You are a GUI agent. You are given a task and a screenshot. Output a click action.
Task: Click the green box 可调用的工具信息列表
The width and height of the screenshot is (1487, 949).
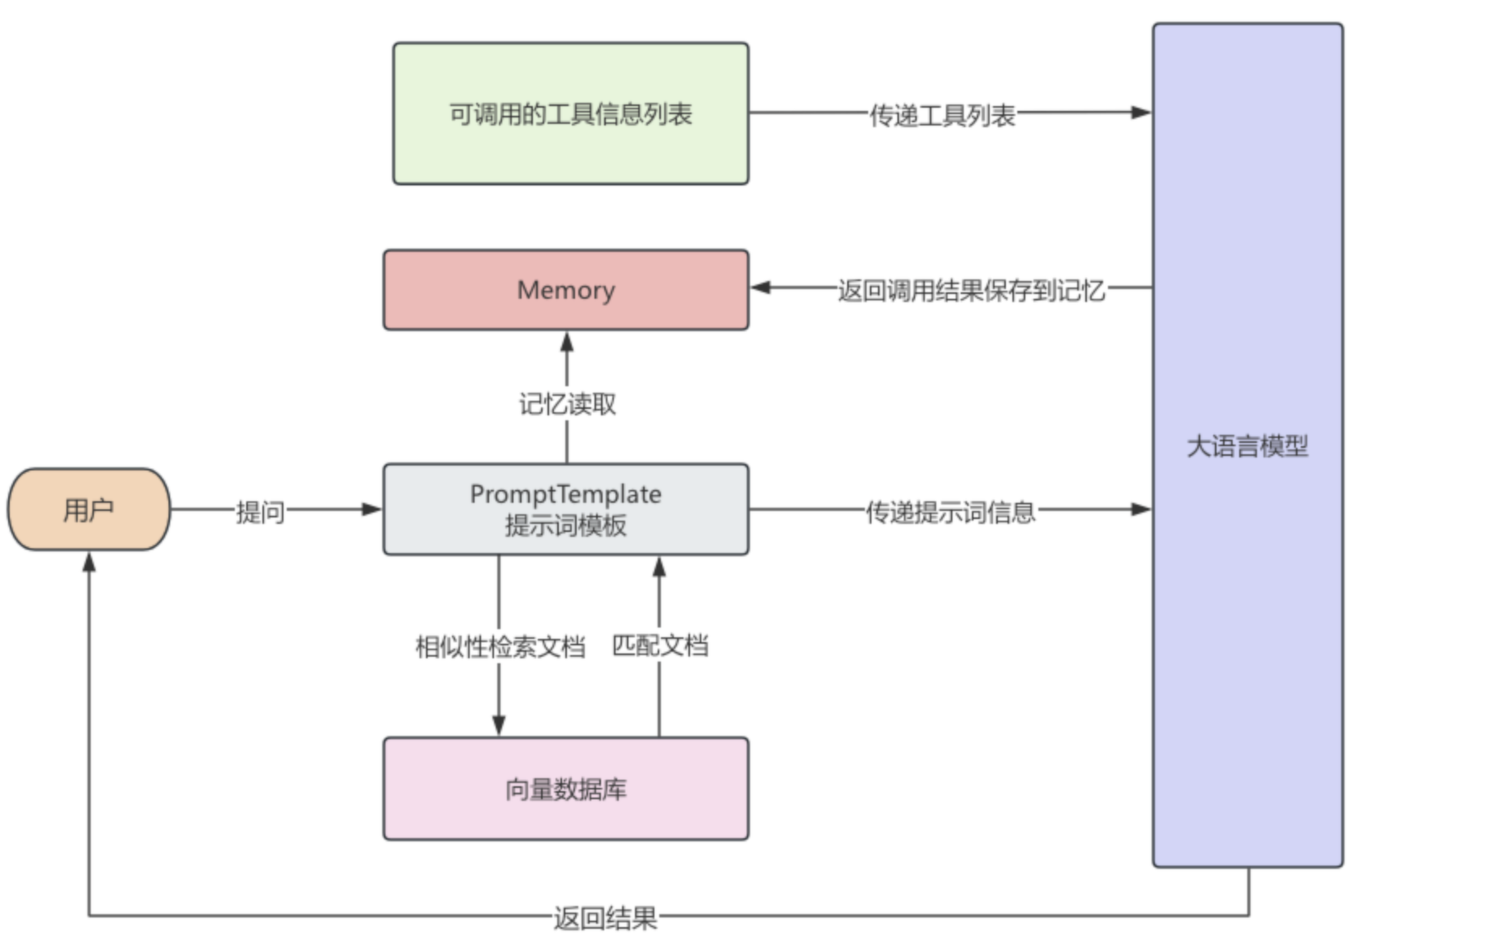[x=570, y=113]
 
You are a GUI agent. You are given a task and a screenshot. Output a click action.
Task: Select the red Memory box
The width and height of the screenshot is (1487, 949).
[x=565, y=290]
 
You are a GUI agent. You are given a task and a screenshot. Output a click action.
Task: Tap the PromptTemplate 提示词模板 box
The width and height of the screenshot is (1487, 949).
[x=565, y=509]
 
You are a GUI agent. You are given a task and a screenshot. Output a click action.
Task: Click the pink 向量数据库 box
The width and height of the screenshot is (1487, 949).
[x=565, y=789]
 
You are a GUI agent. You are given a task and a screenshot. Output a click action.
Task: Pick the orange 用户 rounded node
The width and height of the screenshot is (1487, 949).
[x=88, y=509]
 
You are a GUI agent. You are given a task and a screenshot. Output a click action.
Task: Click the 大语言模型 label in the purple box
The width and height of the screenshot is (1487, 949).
[x=1247, y=446]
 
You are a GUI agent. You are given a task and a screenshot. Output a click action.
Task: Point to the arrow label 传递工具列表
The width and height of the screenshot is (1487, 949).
[x=942, y=115]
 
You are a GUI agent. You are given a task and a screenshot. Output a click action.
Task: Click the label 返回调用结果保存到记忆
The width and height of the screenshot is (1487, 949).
[x=970, y=290]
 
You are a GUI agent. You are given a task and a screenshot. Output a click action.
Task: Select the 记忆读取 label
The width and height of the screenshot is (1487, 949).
[x=567, y=403]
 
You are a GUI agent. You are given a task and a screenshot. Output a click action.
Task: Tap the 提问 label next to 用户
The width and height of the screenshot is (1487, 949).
[x=260, y=512]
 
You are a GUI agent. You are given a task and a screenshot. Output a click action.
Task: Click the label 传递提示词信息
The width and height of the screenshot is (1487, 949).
[x=950, y=512]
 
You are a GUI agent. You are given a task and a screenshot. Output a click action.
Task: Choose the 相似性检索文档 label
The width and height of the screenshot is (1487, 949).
[x=500, y=646]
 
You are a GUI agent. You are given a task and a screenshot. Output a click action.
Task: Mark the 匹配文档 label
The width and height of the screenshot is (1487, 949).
[x=659, y=645]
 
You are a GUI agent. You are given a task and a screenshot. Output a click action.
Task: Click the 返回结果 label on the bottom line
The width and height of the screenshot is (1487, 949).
[x=605, y=918]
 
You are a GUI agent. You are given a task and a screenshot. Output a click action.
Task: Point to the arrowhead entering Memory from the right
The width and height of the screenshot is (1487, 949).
[x=761, y=287]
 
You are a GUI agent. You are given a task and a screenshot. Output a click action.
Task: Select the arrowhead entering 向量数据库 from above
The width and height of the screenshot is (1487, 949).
[x=499, y=725]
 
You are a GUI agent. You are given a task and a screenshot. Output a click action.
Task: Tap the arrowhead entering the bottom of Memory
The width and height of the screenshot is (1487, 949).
[x=567, y=343]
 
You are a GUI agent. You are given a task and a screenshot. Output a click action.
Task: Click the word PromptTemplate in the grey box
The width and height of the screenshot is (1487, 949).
[x=565, y=494]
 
